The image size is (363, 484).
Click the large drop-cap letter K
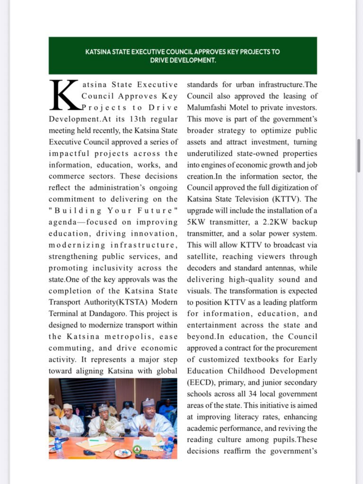[65, 95]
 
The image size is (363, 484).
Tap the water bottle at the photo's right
[169, 447]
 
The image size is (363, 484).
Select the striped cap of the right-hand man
[149, 403]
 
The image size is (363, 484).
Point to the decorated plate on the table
[122, 453]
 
